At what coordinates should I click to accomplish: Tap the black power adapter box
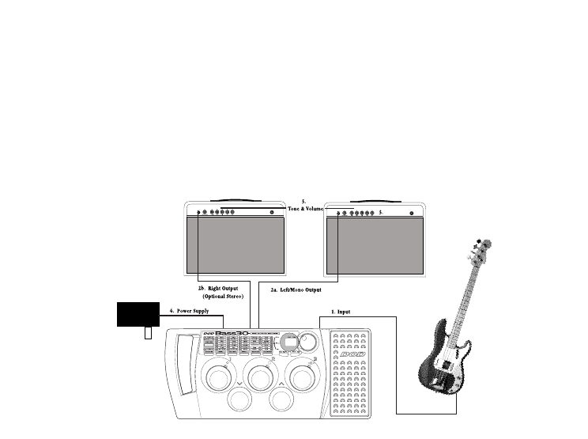click(x=138, y=314)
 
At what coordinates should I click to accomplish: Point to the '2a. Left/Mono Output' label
click(x=296, y=290)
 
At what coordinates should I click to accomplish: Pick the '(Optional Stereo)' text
click(x=223, y=297)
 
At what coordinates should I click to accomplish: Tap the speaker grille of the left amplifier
click(x=236, y=244)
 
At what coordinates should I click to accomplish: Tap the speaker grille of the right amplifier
click(x=375, y=244)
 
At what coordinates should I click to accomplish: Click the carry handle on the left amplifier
click(x=234, y=199)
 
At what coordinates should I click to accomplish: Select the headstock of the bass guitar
click(x=478, y=252)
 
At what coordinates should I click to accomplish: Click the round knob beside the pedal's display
click(x=309, y=342)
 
